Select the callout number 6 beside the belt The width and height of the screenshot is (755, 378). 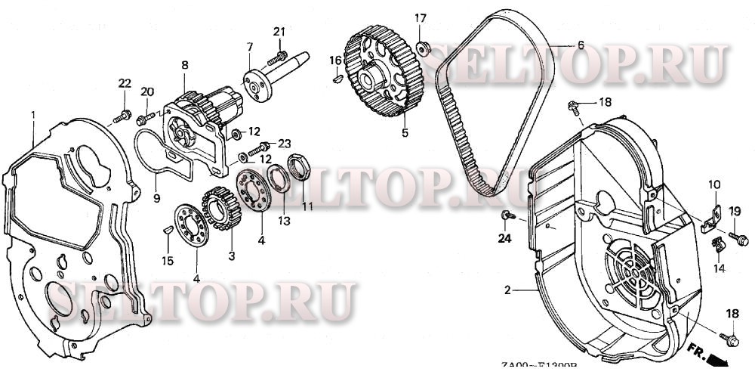point(580,45)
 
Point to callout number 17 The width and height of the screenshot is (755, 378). point(420,17)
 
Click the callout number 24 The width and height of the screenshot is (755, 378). point(504,240)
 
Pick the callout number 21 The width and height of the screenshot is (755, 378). point(279,31)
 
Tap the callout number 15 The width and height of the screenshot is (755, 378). point(168,261)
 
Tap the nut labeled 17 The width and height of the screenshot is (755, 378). point(424,49)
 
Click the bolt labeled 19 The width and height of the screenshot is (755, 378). point(740,240)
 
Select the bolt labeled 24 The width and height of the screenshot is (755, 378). point(507,217)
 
